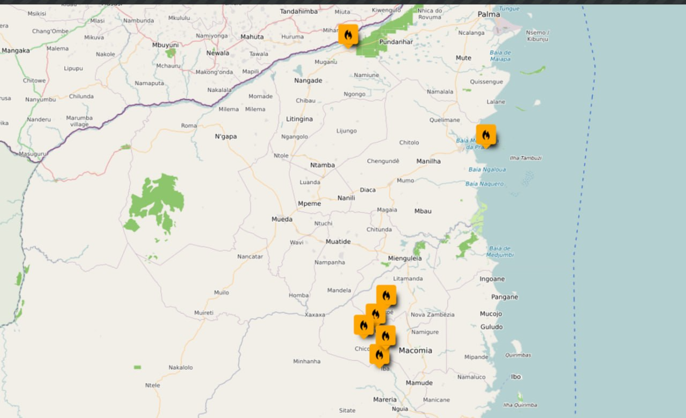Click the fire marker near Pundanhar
click(348, 35)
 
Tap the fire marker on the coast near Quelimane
click(486, 135)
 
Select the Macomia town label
click(416, 350)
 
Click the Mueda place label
click(282, 219)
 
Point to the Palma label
click(489, 14)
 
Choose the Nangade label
click(308, 81)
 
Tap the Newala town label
click(217, 53)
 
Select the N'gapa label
click(226, 136)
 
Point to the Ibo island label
click(516, 376)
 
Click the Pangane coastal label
click(504, 297)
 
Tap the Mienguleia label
click(405, 259)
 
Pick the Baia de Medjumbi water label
click(501, 251)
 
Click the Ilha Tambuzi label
click(525, 158)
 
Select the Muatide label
click(338, 242)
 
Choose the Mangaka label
click(15, 51)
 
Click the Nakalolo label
click(181, 367)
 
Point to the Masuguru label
click(32, 154)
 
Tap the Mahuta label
click(252, 37)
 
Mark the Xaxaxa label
click(314, 315)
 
